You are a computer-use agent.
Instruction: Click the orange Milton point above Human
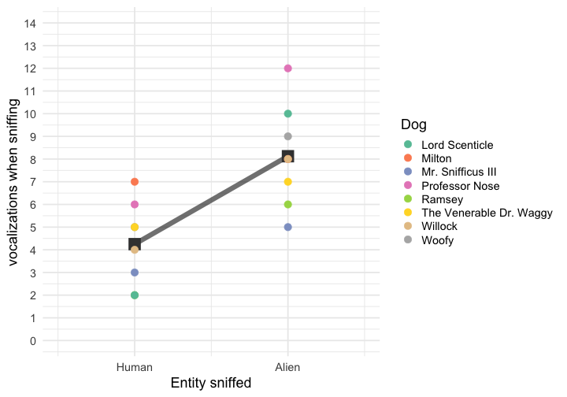point(135,182)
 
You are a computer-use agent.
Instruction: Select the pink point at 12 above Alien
point(288,69)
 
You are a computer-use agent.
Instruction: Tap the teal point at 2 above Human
point(135,295)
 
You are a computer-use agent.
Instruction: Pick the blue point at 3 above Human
point(135,273)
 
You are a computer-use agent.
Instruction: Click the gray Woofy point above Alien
point(288,136)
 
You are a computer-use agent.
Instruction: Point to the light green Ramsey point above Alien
point(288,205)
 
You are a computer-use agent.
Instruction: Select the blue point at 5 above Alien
point(288,227)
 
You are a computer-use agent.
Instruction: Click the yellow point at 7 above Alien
point(288,182)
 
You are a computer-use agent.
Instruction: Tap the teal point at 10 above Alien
point(288,113)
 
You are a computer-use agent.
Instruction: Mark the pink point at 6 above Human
point(135,205)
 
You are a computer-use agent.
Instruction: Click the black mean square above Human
point(135,244)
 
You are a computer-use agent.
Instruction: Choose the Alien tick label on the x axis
point(288,367)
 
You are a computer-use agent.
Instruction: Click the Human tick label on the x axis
point(135,367)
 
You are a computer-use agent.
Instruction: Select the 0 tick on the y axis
point(31,341)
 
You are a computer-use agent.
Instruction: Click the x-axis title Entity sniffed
point(211,384)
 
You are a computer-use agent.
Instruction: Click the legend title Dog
point(414,124)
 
